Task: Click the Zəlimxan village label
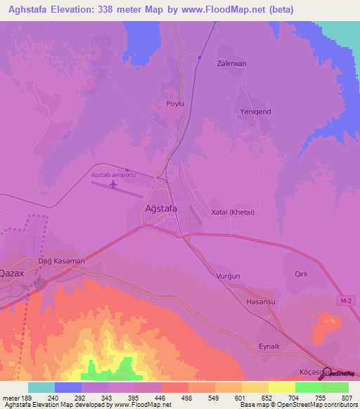232,63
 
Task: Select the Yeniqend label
256,112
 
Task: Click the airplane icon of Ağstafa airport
112,185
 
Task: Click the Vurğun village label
228,276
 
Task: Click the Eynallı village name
269,346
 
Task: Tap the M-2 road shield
343,301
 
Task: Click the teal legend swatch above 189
41,387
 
